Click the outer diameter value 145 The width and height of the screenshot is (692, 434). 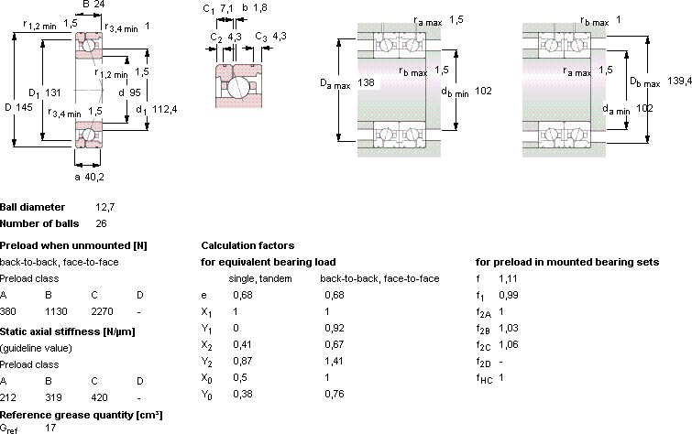point(25,107)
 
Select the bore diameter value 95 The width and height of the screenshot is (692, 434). point(135,92)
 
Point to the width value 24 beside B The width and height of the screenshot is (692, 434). point(99,5)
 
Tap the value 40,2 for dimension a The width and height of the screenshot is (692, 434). point(94,177)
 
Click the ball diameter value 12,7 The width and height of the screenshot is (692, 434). point(105,207)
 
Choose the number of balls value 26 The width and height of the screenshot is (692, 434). point(101,223)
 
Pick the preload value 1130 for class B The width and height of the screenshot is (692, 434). point(56,311)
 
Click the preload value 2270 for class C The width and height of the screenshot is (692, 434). point(102,311)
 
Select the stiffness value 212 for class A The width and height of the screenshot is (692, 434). point(8,397)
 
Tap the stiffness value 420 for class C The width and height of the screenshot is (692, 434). point(99,397)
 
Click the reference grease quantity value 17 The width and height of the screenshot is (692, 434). point(50,428)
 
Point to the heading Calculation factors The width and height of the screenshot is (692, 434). point(247,245)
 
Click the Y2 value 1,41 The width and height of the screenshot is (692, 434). point(334,361)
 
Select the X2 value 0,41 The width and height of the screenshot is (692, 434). point(242,344)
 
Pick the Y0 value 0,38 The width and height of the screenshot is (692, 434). point(243,394)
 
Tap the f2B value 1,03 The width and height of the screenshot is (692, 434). point(509,328)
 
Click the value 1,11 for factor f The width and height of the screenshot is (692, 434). point(508,278)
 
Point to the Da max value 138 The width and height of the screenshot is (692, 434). point(366,82)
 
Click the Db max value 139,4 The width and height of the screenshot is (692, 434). point(679,81)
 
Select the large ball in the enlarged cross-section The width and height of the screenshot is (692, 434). point(238,87)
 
